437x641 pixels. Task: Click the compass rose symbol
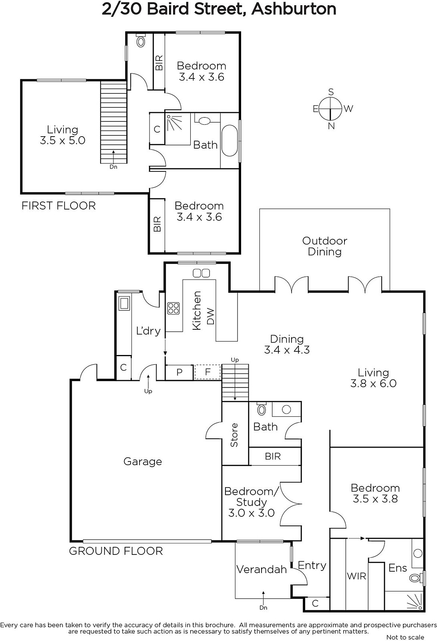(x=330, y=109)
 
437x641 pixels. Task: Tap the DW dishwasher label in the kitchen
(x=210, y=316)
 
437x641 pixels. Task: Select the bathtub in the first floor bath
(x=230, y=141)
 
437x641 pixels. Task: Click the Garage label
(x=143, y=461)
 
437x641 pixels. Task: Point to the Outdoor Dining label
(x=325, y=246)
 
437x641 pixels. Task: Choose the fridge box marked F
(x=208, y=372)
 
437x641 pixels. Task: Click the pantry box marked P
(x=179, y=372)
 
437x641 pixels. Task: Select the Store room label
(x=234, y=435)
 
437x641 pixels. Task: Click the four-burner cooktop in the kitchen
(x=173, y=308)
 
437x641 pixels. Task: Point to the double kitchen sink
(x=201, y=273)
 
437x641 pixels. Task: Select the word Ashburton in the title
(x=294, y=9)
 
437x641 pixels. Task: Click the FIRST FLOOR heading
(x=58, y=206)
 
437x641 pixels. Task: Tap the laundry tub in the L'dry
(x=124, y=303)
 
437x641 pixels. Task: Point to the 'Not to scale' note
(x=405, y=637)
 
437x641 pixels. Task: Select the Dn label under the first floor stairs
(x=113, y=167)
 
